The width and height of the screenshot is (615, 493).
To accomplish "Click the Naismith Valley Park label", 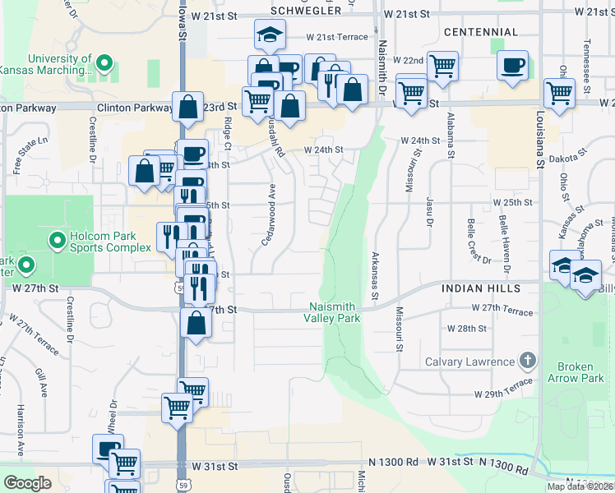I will click(332, 312).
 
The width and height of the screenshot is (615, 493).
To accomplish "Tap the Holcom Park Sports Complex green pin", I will click(57, 241).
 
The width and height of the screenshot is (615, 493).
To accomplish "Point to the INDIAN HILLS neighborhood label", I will click(480, 289).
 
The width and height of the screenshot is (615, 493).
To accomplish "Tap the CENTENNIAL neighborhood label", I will click(480, 32).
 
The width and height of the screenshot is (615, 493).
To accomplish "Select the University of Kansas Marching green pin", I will click(104, 62).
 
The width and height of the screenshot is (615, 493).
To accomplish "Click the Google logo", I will click(26, 483).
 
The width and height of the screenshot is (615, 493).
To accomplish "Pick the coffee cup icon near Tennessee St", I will click(512, 65).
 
